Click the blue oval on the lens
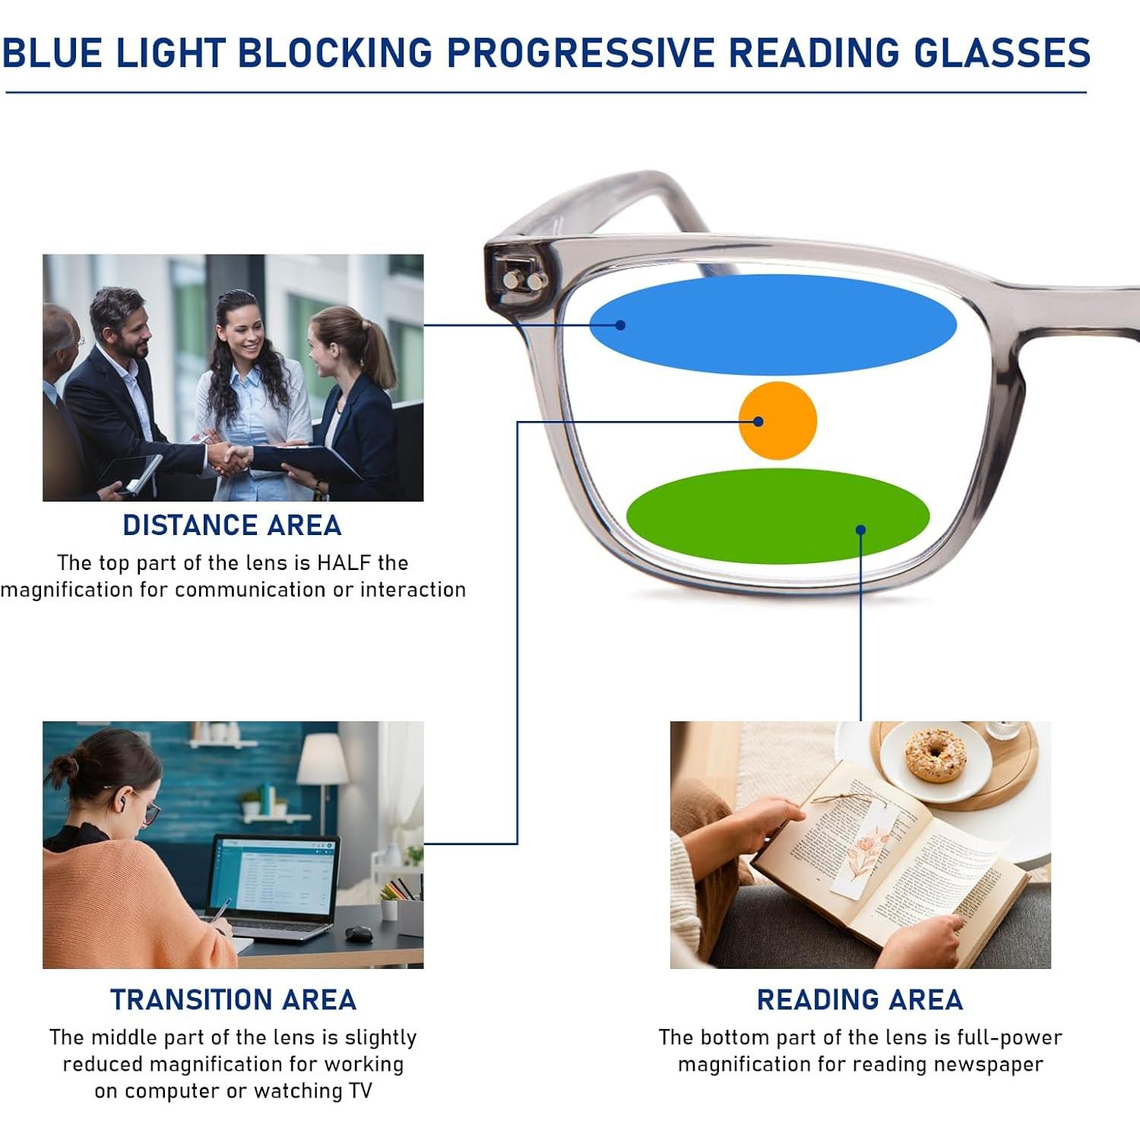[x=773, y=325]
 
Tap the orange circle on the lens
[x=777, y=420]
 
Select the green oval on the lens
[x=777, y=516]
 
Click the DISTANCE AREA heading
[x=233, y=525]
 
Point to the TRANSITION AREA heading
[x=233, y=999]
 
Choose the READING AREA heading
[x=860, y=999]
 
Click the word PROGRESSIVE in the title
[x=581, y=53]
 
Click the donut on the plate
[x=936, y=754]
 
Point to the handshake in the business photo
[x=229, y=458]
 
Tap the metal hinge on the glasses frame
[x=524, y=279]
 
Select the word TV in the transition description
[x=359, y=1091]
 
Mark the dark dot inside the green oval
[x=860, y=530]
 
